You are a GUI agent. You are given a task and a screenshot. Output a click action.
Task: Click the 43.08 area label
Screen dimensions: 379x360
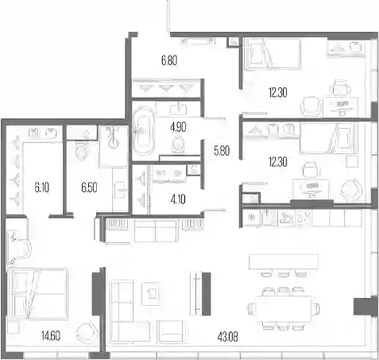[227, 337]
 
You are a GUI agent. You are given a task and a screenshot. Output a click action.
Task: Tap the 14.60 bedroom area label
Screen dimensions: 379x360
[51, 336]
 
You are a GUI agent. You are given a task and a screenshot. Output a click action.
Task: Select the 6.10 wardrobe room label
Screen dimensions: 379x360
[41, 188]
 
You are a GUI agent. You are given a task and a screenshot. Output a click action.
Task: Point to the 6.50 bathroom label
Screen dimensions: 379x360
[89, 188]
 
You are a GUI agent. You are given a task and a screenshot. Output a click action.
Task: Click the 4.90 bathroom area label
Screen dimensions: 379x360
[178, 127]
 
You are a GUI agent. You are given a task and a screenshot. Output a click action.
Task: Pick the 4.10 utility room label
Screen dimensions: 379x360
[178, 199]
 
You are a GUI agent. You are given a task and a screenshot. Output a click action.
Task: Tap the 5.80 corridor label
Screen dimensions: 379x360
[222, 151]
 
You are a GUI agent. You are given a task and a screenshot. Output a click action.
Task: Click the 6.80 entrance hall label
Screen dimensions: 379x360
[169, 60]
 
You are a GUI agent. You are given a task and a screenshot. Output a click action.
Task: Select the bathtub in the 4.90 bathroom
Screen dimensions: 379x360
[144, 131]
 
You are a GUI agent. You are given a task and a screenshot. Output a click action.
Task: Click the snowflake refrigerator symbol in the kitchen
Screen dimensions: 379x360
[250, 218]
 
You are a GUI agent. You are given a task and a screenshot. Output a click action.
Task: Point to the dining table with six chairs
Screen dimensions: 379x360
[284, 309]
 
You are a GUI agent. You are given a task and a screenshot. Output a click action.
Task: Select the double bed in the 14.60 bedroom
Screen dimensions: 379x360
[38, 293]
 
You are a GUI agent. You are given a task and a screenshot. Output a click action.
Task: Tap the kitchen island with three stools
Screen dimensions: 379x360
[284, 261]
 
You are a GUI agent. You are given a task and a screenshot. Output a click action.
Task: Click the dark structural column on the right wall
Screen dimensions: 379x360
[365, 307]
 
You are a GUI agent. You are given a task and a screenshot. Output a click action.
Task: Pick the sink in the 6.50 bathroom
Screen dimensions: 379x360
[120, 189]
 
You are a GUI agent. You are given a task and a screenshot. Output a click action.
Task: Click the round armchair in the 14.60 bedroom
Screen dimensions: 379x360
[85, 332]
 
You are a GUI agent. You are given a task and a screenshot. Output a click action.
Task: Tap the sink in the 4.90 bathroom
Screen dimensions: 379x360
[178, 109]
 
